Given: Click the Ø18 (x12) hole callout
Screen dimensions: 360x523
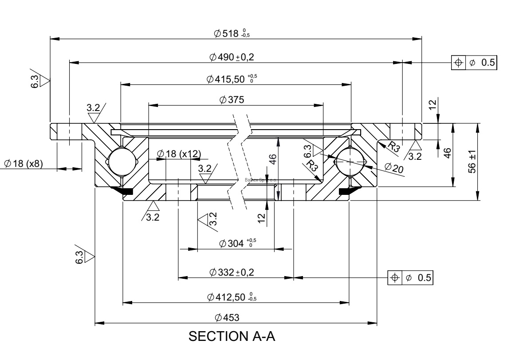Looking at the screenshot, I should [x=179, y=154].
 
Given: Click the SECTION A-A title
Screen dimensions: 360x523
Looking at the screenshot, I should [x=232, y=336].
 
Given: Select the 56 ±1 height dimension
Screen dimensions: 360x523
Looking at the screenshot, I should [x=472, y=161].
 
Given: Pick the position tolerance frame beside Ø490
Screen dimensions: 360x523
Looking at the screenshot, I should [x=474, y=63].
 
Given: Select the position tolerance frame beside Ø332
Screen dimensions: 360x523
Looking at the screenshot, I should [x=410, y=277].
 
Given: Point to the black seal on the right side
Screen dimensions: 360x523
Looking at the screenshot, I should [x=349, y=191].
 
